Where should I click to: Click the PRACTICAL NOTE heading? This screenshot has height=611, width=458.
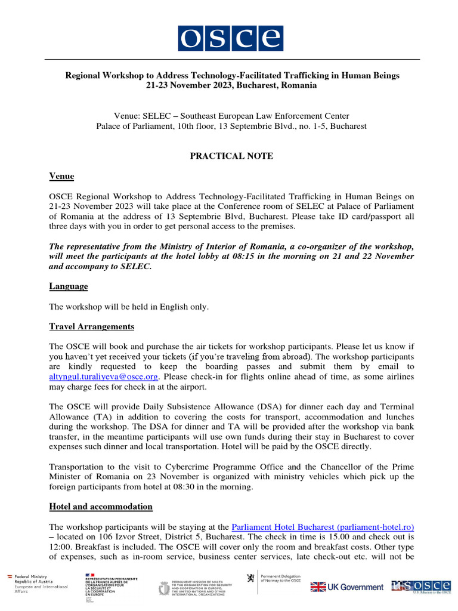[231, 156]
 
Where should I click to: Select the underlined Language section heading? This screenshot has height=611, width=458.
[69, 286]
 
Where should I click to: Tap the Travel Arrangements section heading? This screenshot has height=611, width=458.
[91, 327]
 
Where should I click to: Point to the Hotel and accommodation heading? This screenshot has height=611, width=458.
[101, 507]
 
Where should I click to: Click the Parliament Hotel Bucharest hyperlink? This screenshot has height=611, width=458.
[322, 527]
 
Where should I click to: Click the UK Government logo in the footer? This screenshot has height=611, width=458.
[347, 587]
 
